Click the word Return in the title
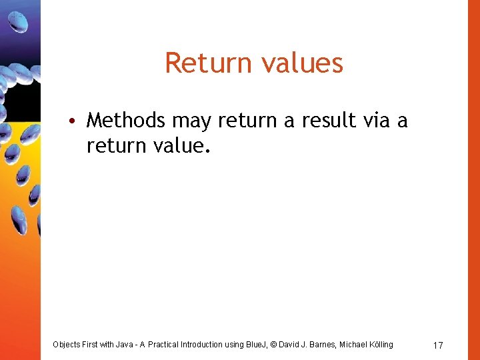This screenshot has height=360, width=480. pos(201,63)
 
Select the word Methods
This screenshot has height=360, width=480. pos(126,120)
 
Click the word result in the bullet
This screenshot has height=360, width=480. pos(325,120)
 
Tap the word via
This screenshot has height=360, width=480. pos(377,120)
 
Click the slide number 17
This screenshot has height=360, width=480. pos(438,345)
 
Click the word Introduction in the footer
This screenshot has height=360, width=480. pos(215,345)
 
